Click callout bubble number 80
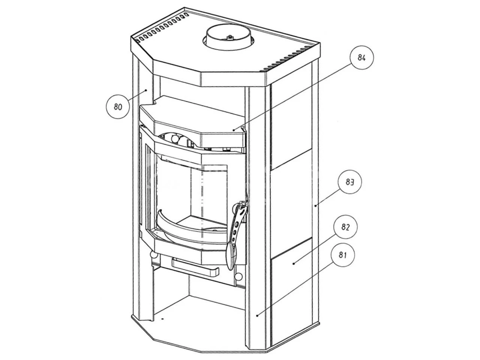(118, 107)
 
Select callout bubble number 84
(361, 57)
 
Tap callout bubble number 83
(350, 182)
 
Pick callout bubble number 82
(345, 227)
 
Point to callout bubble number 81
(341, 255)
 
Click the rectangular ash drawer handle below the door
(195, 267)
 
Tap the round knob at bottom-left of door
(153, 255)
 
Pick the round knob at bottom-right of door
(238, 276)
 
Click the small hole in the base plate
(162, 319)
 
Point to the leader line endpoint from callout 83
(316, 205)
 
